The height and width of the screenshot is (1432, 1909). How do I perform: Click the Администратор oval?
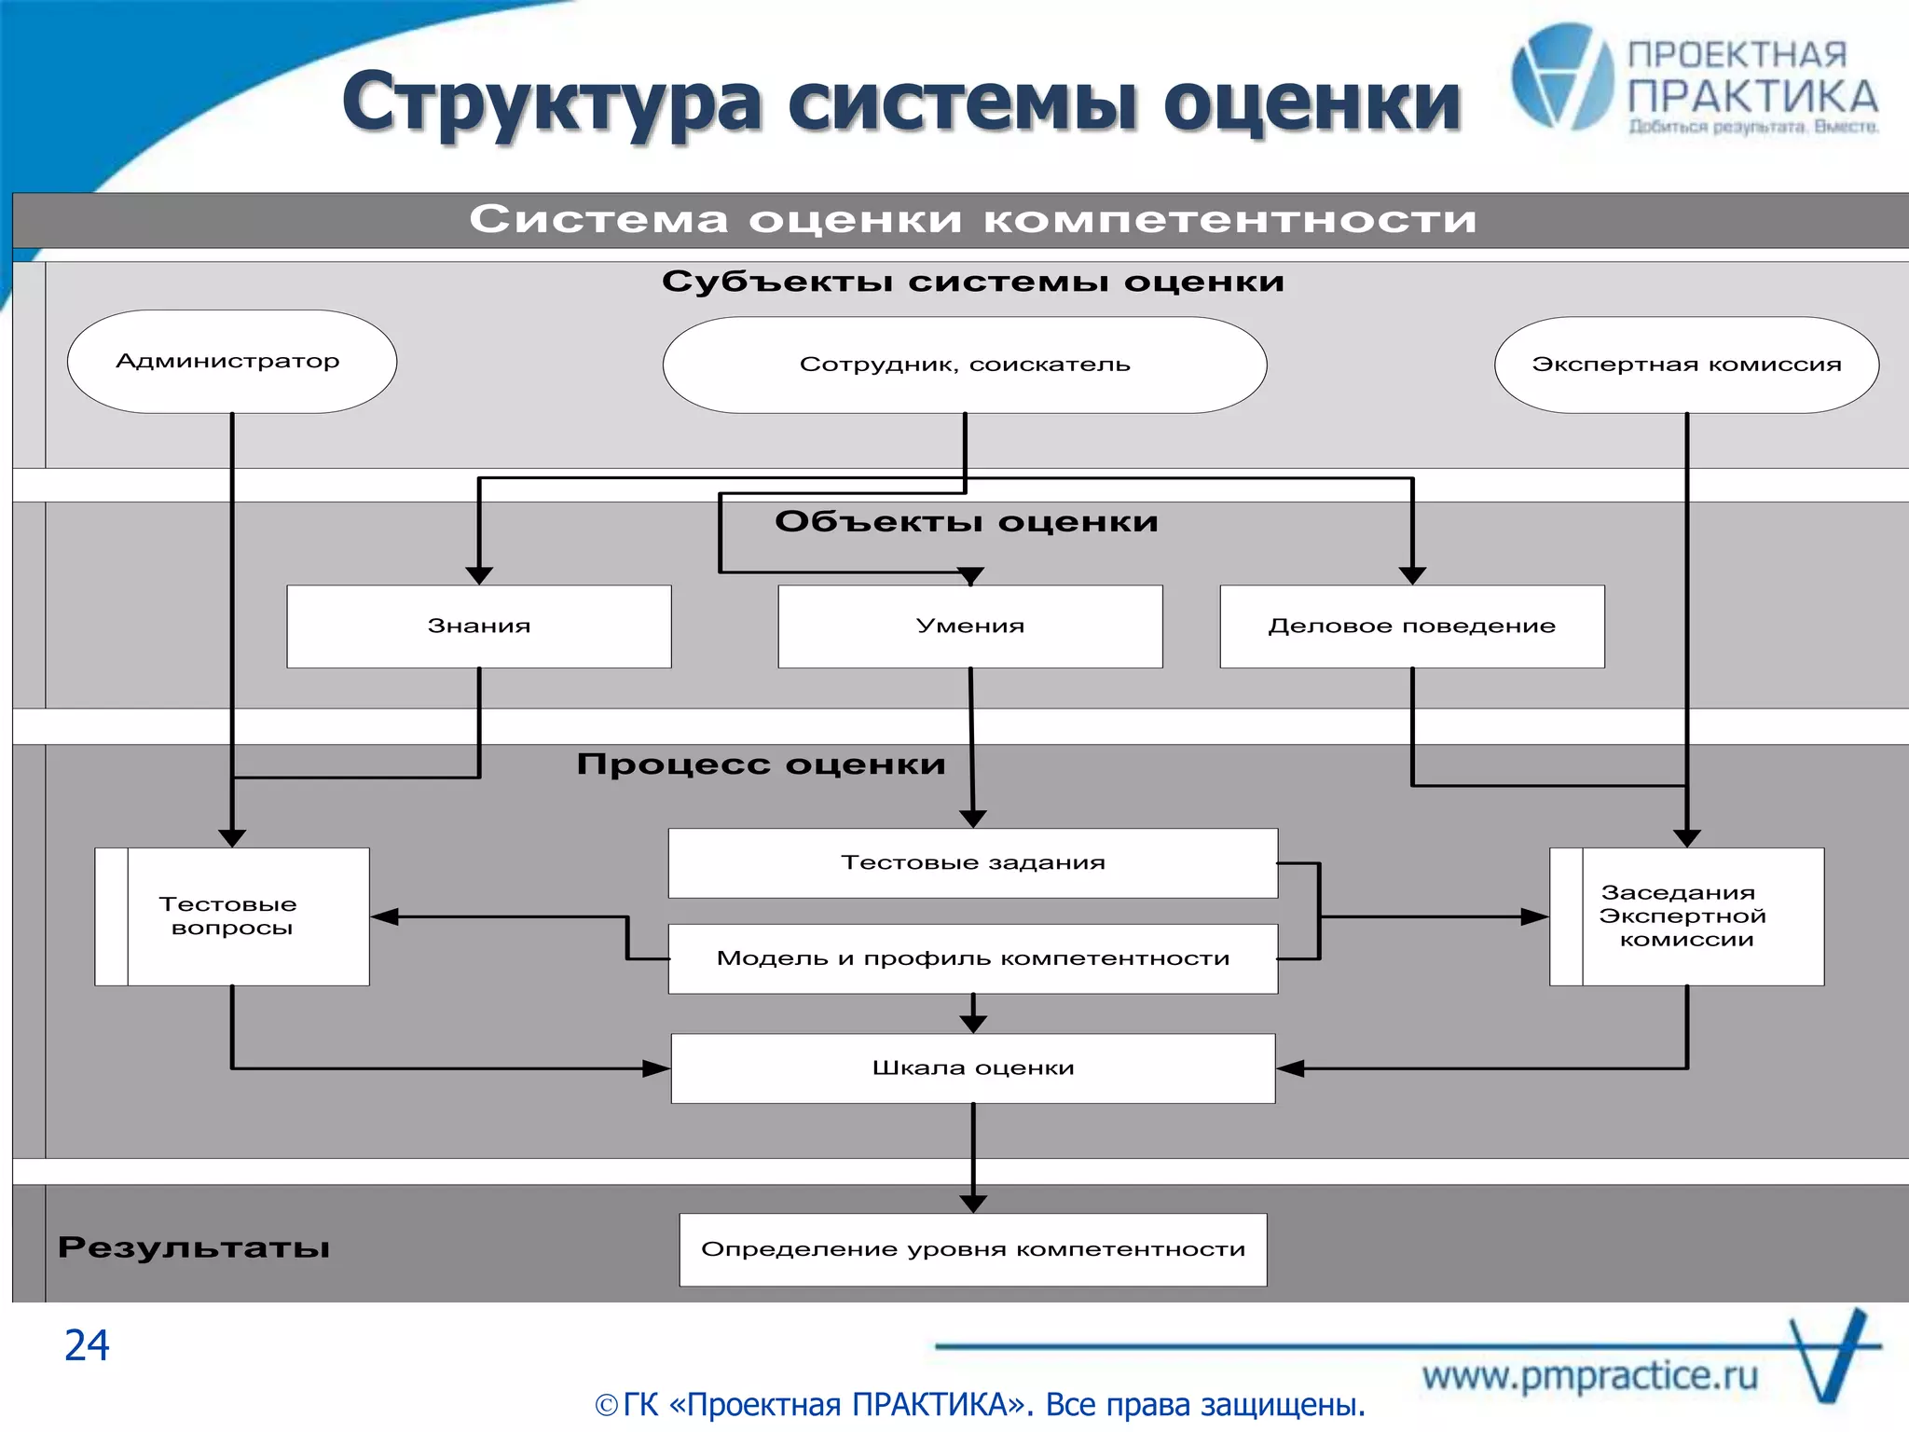click(231, 362)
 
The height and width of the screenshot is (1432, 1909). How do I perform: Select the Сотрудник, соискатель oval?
click(965, 365)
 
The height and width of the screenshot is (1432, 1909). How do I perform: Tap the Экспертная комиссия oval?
click(1686, 365)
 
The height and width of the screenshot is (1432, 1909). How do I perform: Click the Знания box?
click(479, 626)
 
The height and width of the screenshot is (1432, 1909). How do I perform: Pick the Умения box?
click(970, 626)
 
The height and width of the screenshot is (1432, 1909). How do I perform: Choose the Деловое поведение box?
click(1412, 626)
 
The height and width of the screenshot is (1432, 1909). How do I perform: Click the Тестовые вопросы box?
click(232, 916)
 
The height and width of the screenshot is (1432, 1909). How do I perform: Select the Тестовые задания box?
click(973, 863)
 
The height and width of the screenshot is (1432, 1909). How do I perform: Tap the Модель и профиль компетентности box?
click(973, 958)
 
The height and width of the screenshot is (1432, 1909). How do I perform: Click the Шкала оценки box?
click(973, 1068)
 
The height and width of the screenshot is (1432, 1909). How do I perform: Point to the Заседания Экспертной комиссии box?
click(1686, 916)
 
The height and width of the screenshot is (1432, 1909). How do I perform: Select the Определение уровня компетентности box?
click(973, 1249)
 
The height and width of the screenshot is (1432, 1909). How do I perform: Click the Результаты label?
click(194, 1247)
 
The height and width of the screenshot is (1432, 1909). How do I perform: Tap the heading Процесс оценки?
click(761, 764)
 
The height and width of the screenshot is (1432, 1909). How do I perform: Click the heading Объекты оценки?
click(967, 522)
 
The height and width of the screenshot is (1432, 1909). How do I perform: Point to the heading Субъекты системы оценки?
click(973, 282)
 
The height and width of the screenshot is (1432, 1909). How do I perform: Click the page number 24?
click(87, 1345)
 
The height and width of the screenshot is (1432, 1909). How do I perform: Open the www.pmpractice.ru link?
click(1590, 1376)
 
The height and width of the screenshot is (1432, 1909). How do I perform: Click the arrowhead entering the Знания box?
click(479, 575)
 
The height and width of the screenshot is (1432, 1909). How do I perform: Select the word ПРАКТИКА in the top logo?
click(1752, 97)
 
